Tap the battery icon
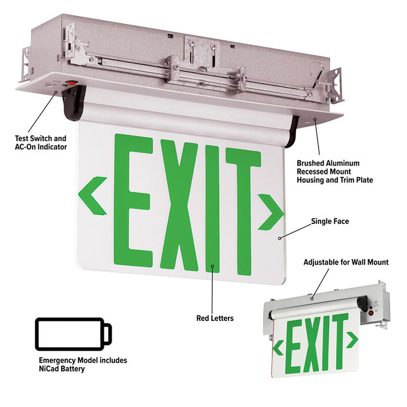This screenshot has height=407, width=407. pos(73,334)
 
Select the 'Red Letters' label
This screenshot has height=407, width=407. pos(214,318)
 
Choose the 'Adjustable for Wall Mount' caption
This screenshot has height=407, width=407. pos(346,262)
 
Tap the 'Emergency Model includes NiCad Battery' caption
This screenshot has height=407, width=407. pos(83,365)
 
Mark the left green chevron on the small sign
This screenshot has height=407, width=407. pos(279,348)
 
